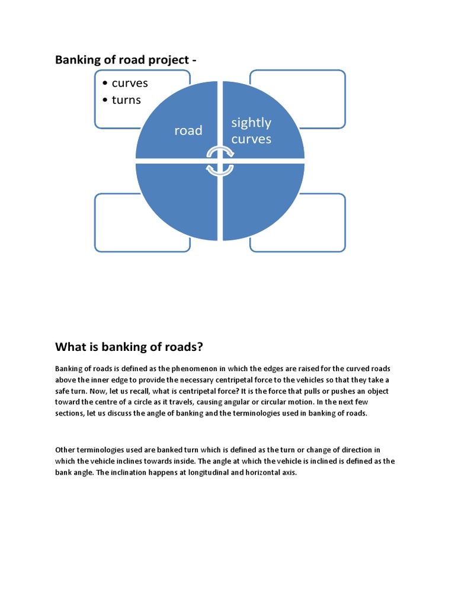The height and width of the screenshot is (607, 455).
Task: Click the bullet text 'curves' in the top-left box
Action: (x=130, y=83)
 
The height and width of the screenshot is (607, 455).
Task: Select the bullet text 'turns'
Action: (x=126, y=100)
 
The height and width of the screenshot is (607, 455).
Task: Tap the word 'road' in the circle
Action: (x=188, y=130)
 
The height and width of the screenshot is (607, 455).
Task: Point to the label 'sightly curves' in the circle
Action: (x=251, y=130)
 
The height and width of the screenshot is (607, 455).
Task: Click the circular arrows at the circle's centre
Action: (x=220, y=161)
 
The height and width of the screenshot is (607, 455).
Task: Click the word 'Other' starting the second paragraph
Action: (x=65, y=450)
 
